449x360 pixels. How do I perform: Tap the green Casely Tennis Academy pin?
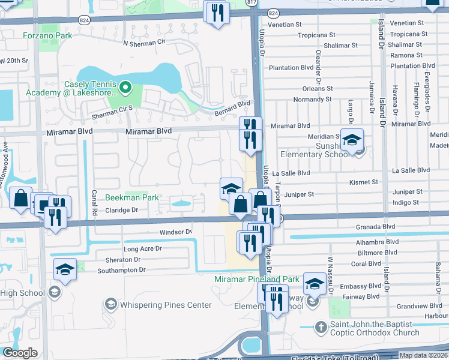pyautogui.click(x=125, y=88)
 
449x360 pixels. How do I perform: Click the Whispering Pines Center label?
pyautogui.click(x=166, y=305)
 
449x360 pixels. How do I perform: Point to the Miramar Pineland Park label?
pyautogui.click(x=257, y=280)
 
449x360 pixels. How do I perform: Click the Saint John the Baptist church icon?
pyautogui.click(x=321, y=328)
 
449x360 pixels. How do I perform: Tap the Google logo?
pyautogui.click(x=20, y=353)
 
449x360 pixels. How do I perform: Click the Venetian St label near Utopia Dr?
pyautogui.click(x=285, y=25)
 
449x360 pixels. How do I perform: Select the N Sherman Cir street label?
pyautogui.click(x=143, y=44)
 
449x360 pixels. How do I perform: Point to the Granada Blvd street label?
pyautogui.click(x=376, y=227)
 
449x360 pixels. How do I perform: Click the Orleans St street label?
pyautogui.click(x=318, y=88)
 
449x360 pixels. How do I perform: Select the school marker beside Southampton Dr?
pyautogui.click(x=65, y=271)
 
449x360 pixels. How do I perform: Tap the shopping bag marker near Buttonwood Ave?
pyautogui.click(x=20, y=199)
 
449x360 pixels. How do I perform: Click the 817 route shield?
pyautogui.click(x=251, y=3)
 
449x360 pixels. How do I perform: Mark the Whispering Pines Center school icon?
pyautogui.click(x=110, y=305)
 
